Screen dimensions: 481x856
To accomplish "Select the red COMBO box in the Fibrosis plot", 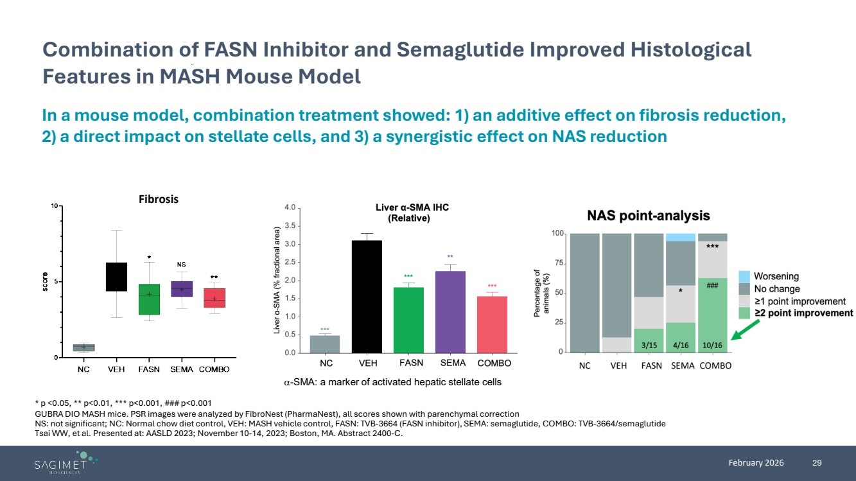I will tap(214, 298).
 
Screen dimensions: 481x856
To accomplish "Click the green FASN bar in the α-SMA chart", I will tap(408, 320).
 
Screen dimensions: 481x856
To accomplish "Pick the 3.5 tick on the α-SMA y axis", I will tap(290, 226).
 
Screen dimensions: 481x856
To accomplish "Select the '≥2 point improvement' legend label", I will tap(807, 313).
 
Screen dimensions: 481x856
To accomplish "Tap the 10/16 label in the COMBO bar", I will tap(712, 344).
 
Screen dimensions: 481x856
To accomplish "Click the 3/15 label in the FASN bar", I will tap(649, 344).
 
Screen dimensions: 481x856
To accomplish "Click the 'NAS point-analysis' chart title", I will tap(648, 216).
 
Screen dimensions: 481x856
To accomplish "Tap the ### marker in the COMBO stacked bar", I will tap(712, 286).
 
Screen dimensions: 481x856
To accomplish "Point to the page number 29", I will tap(817, 463).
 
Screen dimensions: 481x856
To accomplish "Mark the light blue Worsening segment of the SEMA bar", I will tap(680, 237).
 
